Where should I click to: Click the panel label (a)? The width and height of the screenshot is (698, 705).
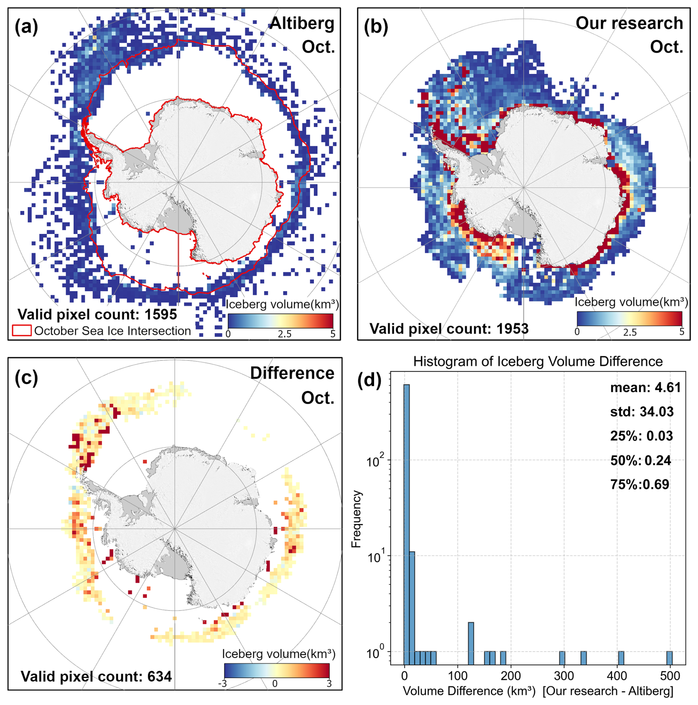pyautogui.click(x=26, y=27)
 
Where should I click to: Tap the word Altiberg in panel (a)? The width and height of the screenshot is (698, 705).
pyautogui.click(x=302, y=23)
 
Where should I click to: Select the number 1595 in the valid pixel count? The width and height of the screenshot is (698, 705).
pyautogui.click(x=160, y=315)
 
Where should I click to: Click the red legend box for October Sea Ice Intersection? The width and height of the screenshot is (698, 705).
pyautogui.click(x=22, y=331)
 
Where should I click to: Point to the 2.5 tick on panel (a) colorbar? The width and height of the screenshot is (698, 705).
pyautogui.click(x=284, y=334)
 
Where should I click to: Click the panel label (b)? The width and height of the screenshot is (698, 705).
pyautogui.click(x=376, y=27)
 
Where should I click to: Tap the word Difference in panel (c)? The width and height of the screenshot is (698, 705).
pyautogui.click(x=292, y=373)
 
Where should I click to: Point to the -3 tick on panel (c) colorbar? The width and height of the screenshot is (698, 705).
pyautogui.click(x=222, y=684)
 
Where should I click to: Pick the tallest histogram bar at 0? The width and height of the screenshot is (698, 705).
pyautogui.click(x=407, y=517)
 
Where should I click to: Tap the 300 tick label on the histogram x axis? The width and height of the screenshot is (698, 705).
pyautogui.click(x=564, y=676)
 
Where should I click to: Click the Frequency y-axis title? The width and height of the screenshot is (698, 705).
pyautogui.click(x=356, y=519)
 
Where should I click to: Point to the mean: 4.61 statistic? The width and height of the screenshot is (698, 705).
pyautogui.click(x=645, y=387)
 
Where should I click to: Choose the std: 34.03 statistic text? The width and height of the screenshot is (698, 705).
pyautogui.click(x=642, y=411)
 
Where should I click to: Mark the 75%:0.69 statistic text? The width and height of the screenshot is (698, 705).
pyautogui.click(x=639, y=484)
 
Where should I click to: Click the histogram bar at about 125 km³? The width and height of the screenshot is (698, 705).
pyautogui.click(x=471, y=643)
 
